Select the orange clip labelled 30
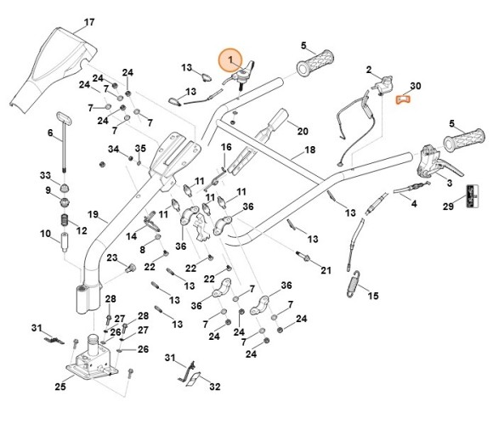coord(405,102)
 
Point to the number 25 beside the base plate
coord(59,387)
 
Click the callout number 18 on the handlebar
coord(309,150)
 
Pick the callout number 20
coord(303,131)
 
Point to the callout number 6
coord(50,132)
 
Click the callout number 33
coord(47,174)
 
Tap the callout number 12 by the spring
coord(82,230)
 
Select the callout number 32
coord(214,387)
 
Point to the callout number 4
coord(414,204)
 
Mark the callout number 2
coord(369,69)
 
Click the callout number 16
coord(226,148)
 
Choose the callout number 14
coord(131,235)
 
